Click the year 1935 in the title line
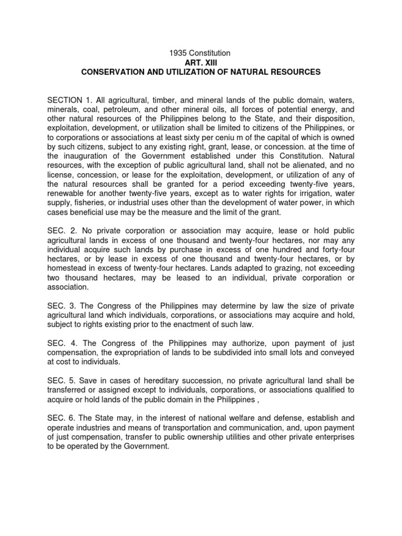176,53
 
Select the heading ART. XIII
200,62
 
